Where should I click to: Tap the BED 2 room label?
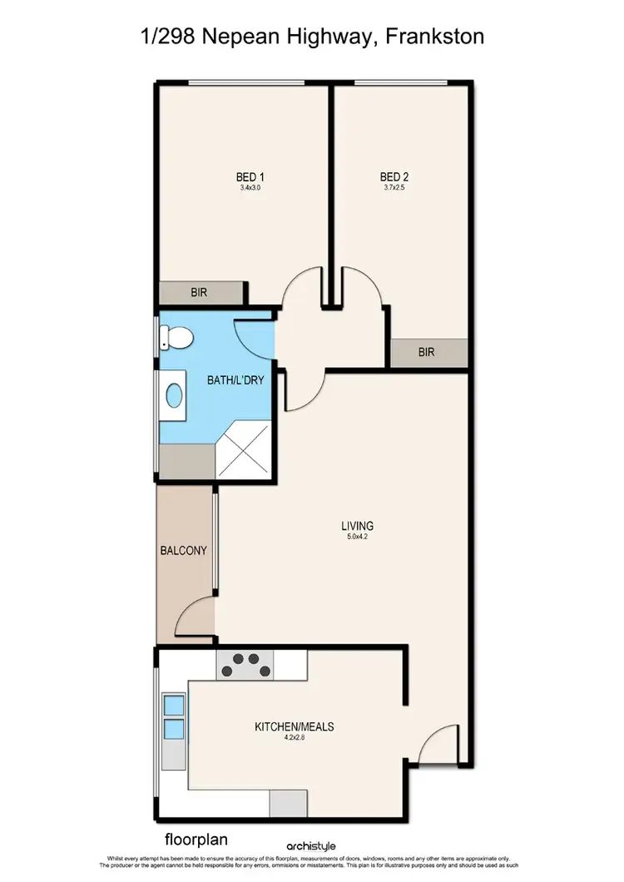(x=394, y=176)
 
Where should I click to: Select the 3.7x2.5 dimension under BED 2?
(x=394, y=188)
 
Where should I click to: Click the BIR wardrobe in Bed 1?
(x=200, y=293)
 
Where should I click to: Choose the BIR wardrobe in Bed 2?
(x=427, y=352)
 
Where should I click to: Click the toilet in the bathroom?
(x=177, y=338)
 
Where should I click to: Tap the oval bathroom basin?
(x=175, y=395)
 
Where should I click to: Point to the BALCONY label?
(x=183, y=551)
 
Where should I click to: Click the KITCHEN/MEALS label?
(x=294, y=726)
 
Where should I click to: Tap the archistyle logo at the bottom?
(x=312, y=846)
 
